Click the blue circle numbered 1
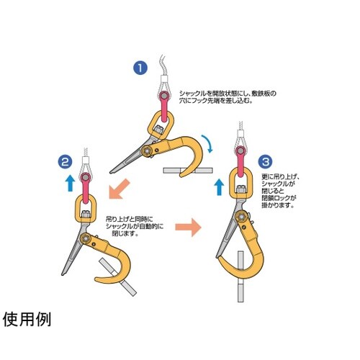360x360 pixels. (140, 69)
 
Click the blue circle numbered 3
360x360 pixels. (265, 161)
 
